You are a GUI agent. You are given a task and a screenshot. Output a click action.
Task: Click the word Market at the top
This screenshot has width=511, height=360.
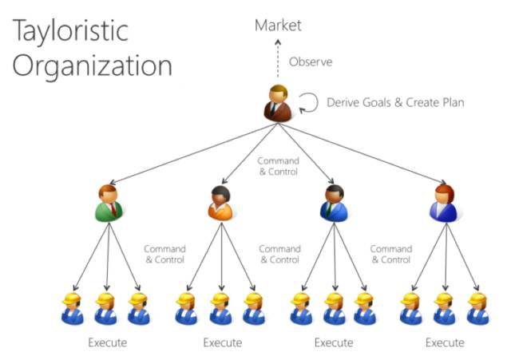coord(278,26)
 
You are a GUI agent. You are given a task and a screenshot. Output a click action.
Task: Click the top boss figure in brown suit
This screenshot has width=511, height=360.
coord(278,102)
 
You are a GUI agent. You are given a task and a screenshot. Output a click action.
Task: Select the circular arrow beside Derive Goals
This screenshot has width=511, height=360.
coord(308,102)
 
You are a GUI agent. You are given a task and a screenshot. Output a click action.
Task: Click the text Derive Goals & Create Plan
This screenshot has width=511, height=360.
coord(395,102)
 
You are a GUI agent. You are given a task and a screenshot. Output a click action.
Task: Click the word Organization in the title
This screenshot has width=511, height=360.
coord(92,65)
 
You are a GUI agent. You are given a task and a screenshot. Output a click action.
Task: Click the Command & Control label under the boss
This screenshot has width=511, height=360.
coord(278,166)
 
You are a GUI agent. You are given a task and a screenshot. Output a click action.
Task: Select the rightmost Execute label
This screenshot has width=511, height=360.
coord(445,343)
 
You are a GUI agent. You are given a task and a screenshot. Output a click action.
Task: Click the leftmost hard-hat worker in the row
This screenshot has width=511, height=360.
coord(73,308)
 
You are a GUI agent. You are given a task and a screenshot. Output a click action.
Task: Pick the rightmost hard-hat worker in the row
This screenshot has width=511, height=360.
coord(478,308)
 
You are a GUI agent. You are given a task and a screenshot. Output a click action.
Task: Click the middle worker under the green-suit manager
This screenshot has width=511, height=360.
coord(106,308)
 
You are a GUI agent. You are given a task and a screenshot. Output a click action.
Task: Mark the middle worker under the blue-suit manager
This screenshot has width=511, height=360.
coord(335,308)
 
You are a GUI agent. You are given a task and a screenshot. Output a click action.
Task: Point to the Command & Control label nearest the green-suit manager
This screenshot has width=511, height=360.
coord(164,254)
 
